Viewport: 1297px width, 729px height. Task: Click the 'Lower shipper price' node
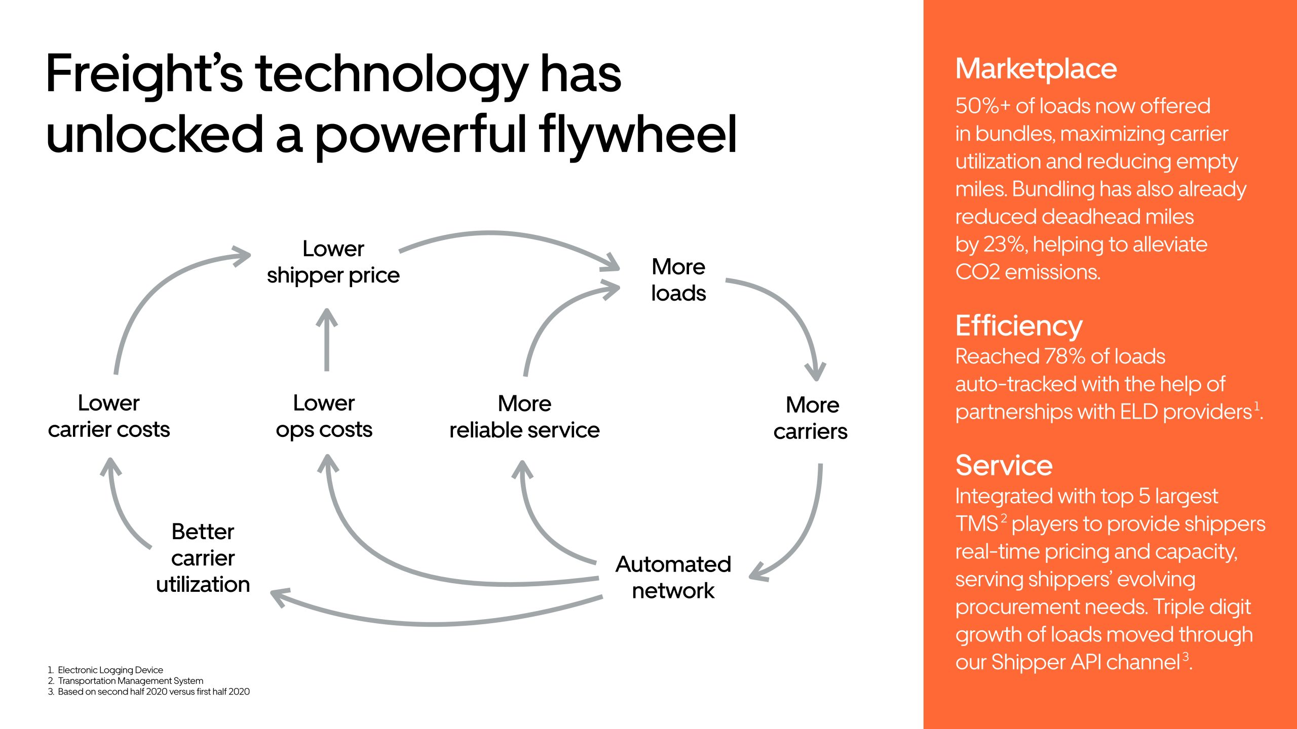[x=333, y=262]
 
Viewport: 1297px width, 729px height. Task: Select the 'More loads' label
[x=678, y=280]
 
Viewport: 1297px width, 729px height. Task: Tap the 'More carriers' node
[x=811, y=418]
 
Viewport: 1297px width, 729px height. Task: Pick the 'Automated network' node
[x=673, y=577]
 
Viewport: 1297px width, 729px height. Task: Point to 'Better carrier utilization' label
[x=203, y=558]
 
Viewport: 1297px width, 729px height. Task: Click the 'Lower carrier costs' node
[x=109, y=416]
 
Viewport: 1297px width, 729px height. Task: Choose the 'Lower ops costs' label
[x=324, y=416]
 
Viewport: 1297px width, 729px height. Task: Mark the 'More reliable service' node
[x=524, y=417]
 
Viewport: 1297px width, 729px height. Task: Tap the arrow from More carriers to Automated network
[x=806, y=532]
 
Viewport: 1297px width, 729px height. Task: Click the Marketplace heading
[x=1036, y=69]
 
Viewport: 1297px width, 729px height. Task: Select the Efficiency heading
[x=1019, y=326]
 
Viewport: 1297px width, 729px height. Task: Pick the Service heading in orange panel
[x=1004, y=465]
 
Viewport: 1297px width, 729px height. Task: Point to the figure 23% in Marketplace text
[x=1005, y=245]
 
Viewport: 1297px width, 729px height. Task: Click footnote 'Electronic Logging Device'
[x=110, y=670]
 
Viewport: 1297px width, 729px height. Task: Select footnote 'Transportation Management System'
[x=130, y=681]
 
